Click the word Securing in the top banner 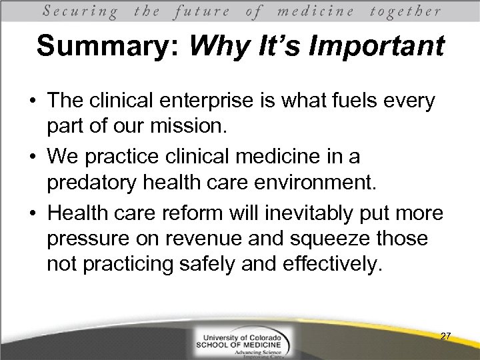click(x=81, y=11)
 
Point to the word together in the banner click(x=405, y=11)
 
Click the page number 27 click(x=445, y=336)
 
